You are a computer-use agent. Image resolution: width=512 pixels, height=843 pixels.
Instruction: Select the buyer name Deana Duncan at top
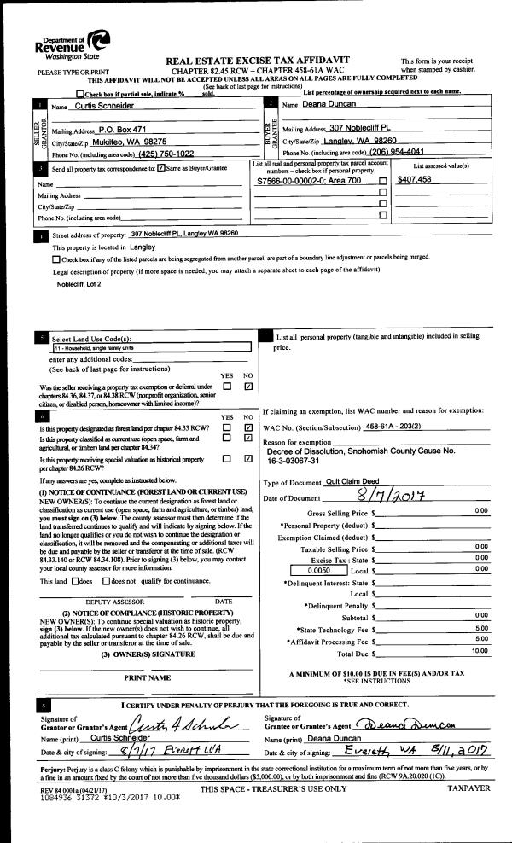329,104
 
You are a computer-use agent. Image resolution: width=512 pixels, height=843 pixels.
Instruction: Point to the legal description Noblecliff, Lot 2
79,283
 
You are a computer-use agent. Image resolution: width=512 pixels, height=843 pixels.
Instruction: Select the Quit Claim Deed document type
355,482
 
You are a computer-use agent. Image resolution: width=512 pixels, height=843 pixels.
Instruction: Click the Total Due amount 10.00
480,651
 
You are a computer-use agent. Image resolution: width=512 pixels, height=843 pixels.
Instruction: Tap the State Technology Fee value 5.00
480,626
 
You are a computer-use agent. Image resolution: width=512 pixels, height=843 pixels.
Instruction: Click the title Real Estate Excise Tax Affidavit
269,61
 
